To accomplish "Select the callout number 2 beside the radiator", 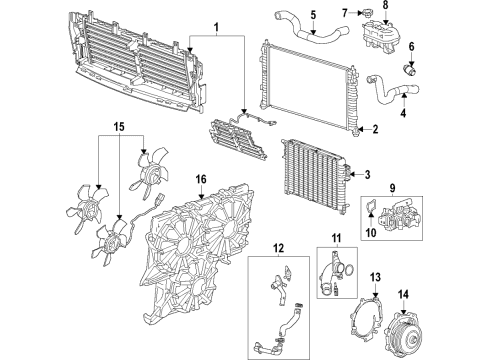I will (x=374, y=130).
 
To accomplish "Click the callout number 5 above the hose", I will (x=312, y=15).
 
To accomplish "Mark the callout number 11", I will (x=336, y=240).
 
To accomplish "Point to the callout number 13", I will (x=377, y=276).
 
